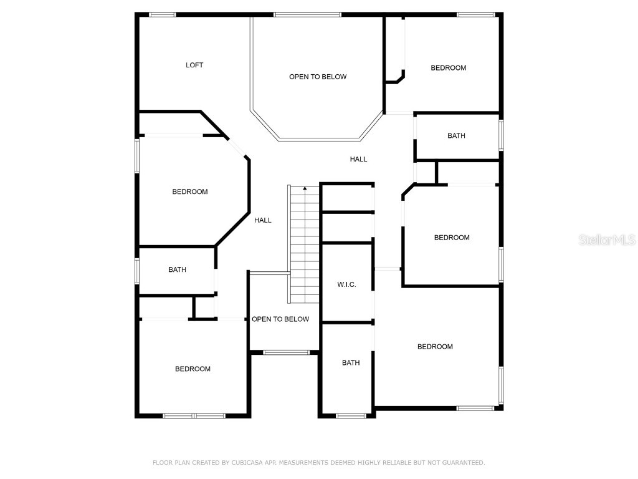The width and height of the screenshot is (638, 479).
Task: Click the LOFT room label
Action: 194,65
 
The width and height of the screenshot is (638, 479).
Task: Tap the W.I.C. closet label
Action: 346,284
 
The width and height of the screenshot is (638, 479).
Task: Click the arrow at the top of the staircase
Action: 305,188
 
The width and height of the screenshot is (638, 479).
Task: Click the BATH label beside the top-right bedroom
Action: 456,136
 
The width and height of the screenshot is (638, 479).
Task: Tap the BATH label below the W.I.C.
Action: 351,363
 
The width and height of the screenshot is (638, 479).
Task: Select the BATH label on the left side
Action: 177,270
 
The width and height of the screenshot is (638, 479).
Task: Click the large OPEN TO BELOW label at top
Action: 317,77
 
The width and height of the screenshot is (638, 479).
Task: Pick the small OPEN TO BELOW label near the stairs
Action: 280,319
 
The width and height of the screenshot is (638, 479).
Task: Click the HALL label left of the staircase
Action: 263,220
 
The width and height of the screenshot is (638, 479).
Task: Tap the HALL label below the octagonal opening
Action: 358,159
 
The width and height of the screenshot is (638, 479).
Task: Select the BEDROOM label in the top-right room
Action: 449,68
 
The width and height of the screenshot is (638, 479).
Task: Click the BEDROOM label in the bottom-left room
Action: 193,369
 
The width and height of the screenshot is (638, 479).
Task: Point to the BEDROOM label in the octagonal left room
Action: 190,192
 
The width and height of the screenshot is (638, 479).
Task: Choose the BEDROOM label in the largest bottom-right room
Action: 435,347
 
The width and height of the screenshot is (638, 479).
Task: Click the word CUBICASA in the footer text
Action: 244,463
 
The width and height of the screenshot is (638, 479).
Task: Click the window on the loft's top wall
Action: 162,14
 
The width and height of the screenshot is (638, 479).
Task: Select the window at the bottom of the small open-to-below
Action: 286,353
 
